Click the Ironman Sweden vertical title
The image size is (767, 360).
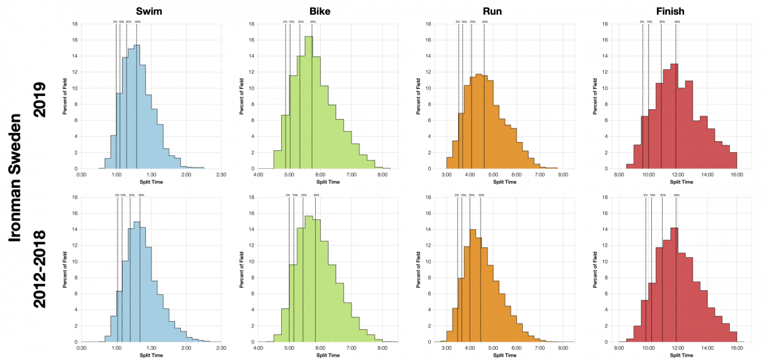click(x=16, y=179)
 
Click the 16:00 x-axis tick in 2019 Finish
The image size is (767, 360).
click(x=736, y=175)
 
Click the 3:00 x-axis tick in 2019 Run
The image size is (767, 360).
click(x=446, y=175)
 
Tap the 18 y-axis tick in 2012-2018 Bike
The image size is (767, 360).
click(x=252, y=198)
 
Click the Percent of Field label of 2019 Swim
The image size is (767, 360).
click(x=64, y=97)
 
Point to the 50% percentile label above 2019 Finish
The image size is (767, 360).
click(x=676, y=22)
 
